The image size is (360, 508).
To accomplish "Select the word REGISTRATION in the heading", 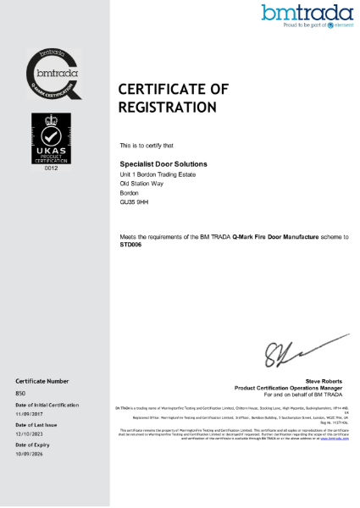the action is point(167,108).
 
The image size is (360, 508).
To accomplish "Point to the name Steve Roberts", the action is point(326,381).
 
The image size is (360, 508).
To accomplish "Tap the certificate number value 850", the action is point(21,394).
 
